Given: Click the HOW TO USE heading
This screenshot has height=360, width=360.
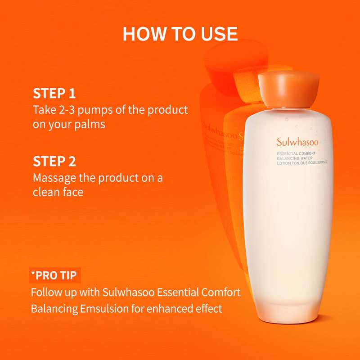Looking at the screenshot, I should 180,34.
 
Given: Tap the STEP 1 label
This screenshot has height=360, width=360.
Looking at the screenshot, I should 54,94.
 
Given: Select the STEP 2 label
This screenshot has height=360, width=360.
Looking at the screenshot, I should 54,162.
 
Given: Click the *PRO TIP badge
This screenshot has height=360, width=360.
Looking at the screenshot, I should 56,275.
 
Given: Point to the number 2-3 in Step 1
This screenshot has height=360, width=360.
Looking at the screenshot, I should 66,110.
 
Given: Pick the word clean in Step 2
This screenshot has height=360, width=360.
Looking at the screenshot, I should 45,192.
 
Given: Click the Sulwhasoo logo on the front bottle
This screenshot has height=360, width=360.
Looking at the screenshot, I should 297,143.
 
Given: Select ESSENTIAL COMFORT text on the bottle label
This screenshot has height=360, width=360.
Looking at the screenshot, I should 296,153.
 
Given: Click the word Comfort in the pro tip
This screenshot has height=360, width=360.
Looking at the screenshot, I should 221,292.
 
